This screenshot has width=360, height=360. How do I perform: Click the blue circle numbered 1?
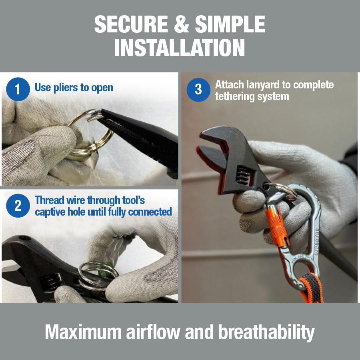tap(18, 89)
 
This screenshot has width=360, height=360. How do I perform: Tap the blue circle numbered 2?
tap(18, 206)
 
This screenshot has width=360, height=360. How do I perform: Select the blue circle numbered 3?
tap(198, 90)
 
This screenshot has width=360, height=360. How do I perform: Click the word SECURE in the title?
tap(131, 24)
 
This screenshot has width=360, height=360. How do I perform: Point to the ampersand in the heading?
tap(182, 24)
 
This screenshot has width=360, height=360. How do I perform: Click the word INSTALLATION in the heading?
tap(180, 48)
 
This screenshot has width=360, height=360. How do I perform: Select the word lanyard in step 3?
tap(263, 85)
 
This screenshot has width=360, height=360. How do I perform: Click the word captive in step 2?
tap(48, 212)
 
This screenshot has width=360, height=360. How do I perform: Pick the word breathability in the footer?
tap(266, 332)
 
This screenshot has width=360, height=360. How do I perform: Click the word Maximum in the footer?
tap(83, 332)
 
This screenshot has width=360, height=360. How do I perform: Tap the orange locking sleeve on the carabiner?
tap(277, 226)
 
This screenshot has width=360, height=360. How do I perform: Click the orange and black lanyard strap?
tap(312, 288)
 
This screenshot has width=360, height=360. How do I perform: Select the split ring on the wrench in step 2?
tap(98, 276)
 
